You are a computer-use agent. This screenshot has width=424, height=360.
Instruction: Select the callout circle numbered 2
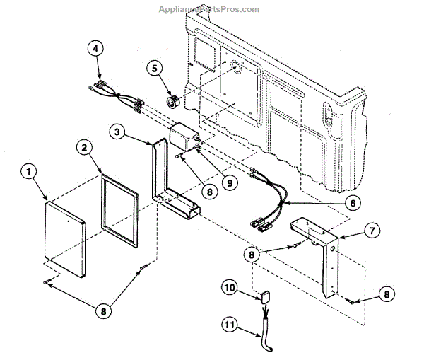83,147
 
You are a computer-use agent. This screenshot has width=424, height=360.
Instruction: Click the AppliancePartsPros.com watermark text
212,9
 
